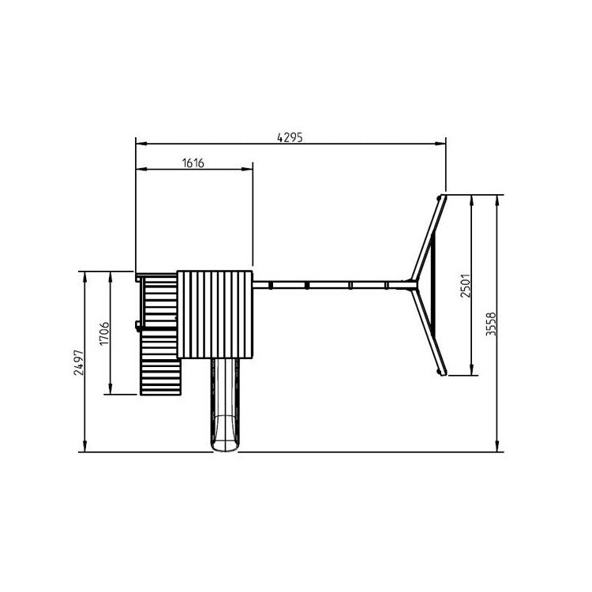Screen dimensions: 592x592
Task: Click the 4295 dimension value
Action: pos(290,137)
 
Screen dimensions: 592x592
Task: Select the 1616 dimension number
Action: pos(193,163)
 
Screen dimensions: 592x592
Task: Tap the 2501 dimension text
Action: pos(466,286)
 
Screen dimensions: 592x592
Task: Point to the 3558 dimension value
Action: pos(491,324)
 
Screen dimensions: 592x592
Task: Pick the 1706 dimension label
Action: pos(104,333)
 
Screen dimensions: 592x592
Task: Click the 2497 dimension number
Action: pos(79,362)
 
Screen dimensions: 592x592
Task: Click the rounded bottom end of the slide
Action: pos(225,447)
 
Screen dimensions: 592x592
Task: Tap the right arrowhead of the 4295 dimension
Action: pos(440,144)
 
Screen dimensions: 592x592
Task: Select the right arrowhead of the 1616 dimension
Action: pos(247,169)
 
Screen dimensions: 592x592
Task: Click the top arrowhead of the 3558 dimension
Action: pos(497,200)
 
